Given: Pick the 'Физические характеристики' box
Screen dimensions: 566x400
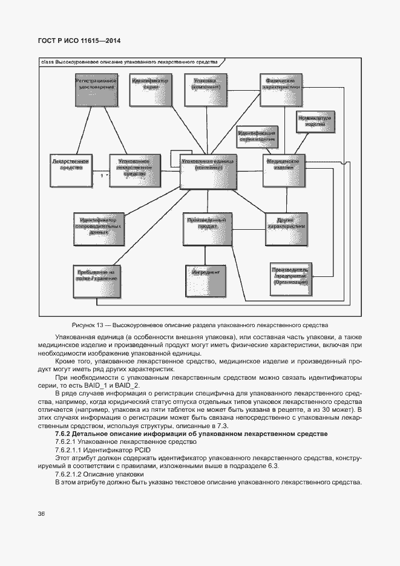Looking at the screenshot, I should pyautogui.click(x=281, y=88).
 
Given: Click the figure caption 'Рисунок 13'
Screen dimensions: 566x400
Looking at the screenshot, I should pyautogui.click(x=199, y=325).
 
